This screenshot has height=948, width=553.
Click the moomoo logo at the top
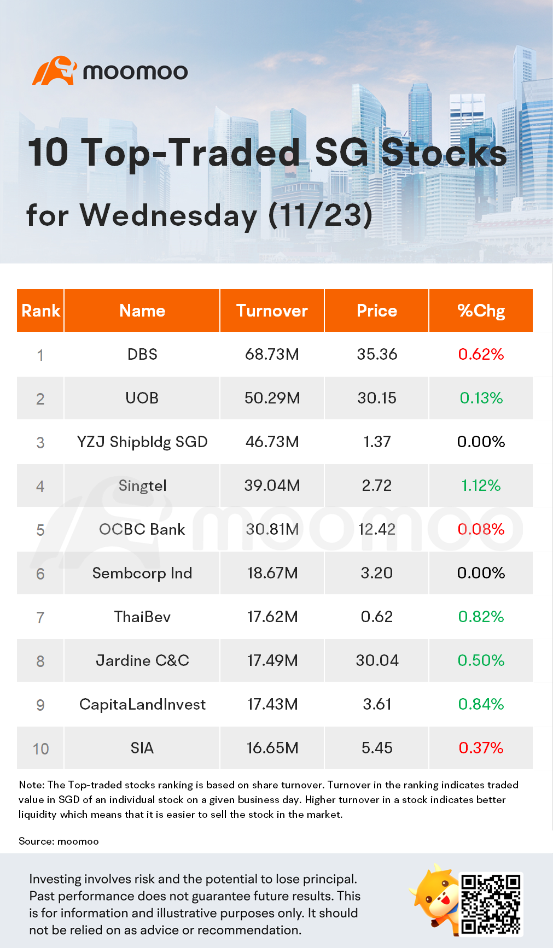click(x=110, y=71)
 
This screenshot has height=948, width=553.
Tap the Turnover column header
click(x=272, y=311)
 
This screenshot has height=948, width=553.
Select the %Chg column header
click(x=481, y=311)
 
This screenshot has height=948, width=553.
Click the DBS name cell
click(x=142, y=354)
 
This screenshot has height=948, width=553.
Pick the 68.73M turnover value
click(x=272, y=354)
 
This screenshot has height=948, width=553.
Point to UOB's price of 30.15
click(x=377, y=398)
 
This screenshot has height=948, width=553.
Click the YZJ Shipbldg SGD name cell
click(x=142, y=442)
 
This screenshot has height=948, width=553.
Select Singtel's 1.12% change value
click(x=481, y=485)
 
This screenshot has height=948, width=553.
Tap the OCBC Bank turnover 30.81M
click(x=272, y=529)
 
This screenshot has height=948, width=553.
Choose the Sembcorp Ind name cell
click(x=142, y=573)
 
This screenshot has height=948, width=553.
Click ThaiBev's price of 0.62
click(x=377, y=617)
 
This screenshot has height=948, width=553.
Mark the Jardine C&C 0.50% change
click(x=481, y=660)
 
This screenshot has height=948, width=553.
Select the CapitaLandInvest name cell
click(x=142, y=704)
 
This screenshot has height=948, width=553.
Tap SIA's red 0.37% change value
click(x=481, y=748)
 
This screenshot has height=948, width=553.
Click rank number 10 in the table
click(x=40, y=748)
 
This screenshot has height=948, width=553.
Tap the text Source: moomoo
click(x=59, y=841)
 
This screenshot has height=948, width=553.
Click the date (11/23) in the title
click(x=321, y=215)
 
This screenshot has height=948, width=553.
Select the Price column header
click(x=377, y=311)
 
